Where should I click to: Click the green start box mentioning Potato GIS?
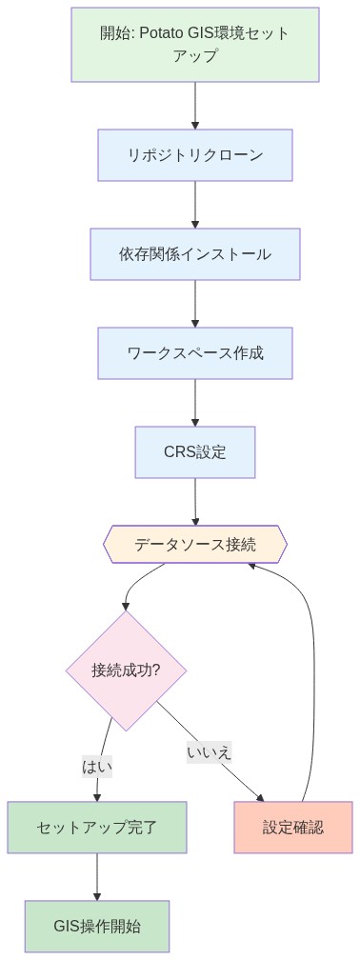pyautogui.click(x=195, y=45)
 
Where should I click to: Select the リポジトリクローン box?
pyautogui.click(x=195, y=154)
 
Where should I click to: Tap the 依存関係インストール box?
pyautogui.click(x=195, y=254)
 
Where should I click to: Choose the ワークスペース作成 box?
pyautogui.click(x=195, y=353)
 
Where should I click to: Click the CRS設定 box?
pyautogui.click(x=195, y=452)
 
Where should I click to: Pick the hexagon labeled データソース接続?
pyautogui.click(x=195, y=545)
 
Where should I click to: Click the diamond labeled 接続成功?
pyautogui.click(x=126, y=670)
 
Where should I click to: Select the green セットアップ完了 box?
pyautogui.click(x=96, y=827)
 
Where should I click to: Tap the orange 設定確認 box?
pyautogui.click(x=293, y=827)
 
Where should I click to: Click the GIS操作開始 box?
pyautogui.click(x=96, y=926)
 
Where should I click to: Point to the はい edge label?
pyautogui.click(x=97, y=764)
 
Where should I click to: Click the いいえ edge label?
pyautogui.click(x=210, y=751)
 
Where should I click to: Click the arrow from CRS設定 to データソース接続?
pyautogui.click(x=195, y=501)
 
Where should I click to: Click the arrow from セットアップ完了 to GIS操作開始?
pyautogui.click(x=96, y=876)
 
